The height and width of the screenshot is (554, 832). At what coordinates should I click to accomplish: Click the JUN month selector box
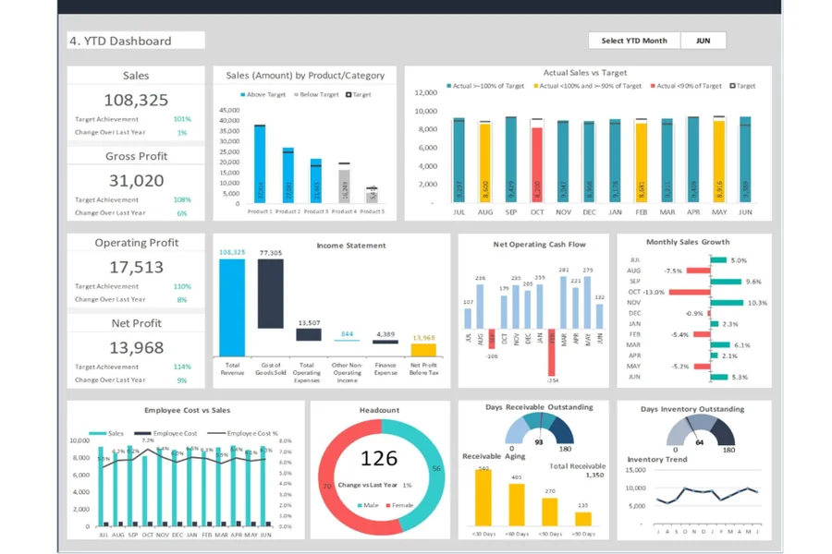coord(703,41)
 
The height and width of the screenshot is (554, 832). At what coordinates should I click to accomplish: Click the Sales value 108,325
coord(136,101)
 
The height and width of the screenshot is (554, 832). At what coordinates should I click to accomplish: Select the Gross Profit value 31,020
coord(136,181)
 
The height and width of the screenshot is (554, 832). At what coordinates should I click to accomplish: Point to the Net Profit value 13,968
coord(136,348)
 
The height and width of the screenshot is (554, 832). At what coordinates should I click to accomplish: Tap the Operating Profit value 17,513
coord(136,268)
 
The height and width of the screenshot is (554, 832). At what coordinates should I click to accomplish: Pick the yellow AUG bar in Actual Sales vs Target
coord(485,163)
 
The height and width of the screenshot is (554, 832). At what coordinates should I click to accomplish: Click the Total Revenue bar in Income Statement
coord(232,307)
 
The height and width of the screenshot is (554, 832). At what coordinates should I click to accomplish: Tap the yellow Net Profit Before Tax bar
coord(423,350)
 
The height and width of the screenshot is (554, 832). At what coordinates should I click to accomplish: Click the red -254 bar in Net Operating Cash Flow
coord(552,352)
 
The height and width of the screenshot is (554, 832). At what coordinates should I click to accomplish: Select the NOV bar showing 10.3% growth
coord(725,303)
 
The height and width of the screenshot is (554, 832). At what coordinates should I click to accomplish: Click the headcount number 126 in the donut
coord(379,459)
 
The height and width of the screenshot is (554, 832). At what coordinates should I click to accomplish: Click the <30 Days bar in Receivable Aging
coord(483,499)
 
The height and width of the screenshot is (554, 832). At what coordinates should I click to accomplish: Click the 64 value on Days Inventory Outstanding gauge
coord(700,442)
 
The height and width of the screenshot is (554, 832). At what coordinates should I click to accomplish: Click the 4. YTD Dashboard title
coord(136,41)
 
